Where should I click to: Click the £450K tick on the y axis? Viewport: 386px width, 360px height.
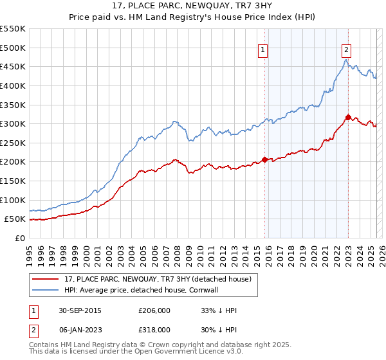coord(13,66)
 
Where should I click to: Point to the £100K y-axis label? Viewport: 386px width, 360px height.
coord(13,200)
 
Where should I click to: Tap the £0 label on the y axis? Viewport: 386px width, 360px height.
coord(19,238)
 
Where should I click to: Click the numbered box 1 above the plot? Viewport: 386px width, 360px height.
coord(264,52)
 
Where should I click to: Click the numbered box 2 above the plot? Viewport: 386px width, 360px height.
coord(347,52)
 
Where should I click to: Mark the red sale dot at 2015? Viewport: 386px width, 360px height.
coord(264,159)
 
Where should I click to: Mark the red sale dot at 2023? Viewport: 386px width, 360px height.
coord(348,117)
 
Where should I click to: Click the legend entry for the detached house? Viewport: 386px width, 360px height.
coord(161,278)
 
